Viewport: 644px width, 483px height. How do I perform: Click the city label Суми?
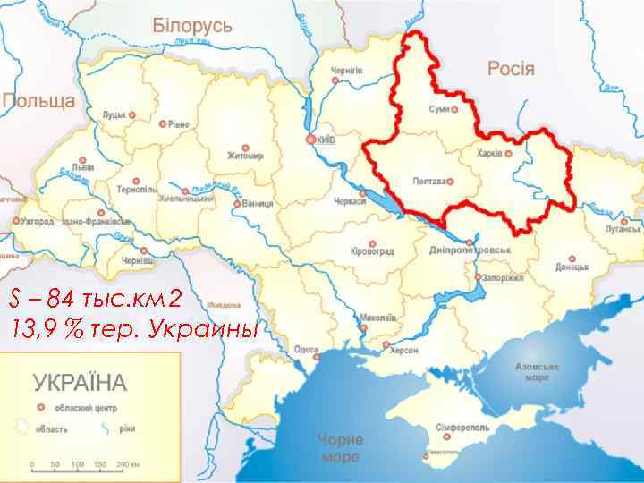[439, 108]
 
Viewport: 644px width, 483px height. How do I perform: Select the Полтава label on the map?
[429, 182]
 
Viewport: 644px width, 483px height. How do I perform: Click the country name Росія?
[511, 68]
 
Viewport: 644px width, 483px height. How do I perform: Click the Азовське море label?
[537, 373]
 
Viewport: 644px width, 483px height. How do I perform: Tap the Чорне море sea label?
[340, 448]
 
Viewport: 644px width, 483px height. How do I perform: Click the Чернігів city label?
[347, 70]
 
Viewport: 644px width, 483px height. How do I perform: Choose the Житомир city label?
[246, 155]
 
